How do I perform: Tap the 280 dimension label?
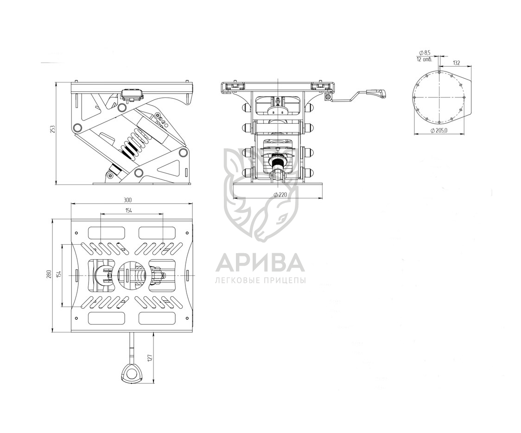coord(49,274)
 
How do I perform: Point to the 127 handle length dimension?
coord(150,357)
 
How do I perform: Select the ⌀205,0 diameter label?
coord(438,131)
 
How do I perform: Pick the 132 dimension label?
coord(456,63)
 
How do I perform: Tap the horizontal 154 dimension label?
coord(128,210)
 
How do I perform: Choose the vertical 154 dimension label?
coord(59,274)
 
